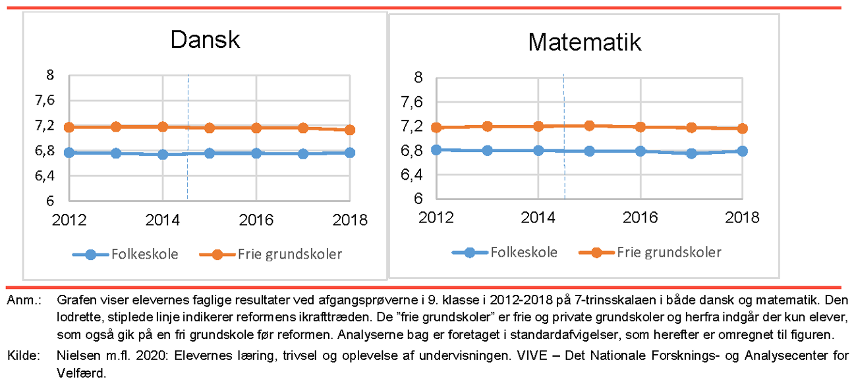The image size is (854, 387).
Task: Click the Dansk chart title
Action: pos(205,40)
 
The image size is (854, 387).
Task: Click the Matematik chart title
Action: pos(584,43)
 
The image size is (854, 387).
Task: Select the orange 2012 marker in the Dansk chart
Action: pos(69,127)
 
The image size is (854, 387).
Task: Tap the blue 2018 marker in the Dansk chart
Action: pos(350,153)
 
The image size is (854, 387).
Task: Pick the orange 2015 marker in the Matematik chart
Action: pos(590,126)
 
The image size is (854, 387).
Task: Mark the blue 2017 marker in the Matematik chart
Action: pos(691,153)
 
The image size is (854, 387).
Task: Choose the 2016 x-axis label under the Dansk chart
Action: pos(256,220)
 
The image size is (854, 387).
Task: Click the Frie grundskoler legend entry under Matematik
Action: pos(668,252)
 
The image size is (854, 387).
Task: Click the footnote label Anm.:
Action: pos(24,301)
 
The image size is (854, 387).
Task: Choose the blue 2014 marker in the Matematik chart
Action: pos(539,150)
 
